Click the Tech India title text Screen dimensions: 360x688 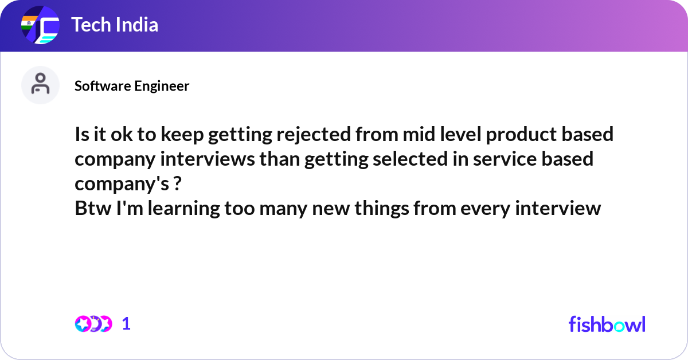pos(115,25)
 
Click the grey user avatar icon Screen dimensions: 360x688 pos(40,85)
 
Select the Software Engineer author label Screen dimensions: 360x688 pos(132,86)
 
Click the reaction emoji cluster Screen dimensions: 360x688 pos(93,324)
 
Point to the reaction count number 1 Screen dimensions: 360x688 pos(126,324)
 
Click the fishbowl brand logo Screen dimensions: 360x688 pos(607,324)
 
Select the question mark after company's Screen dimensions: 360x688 pos(177,183)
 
